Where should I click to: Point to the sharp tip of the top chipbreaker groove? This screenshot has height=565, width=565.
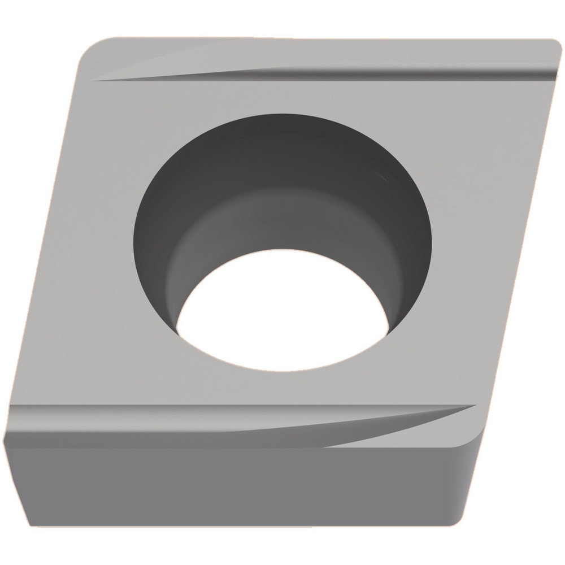pyautogui.click(x=93, y=80)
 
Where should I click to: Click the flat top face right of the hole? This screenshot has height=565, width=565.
pyautogui.click(x=469, y=226)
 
